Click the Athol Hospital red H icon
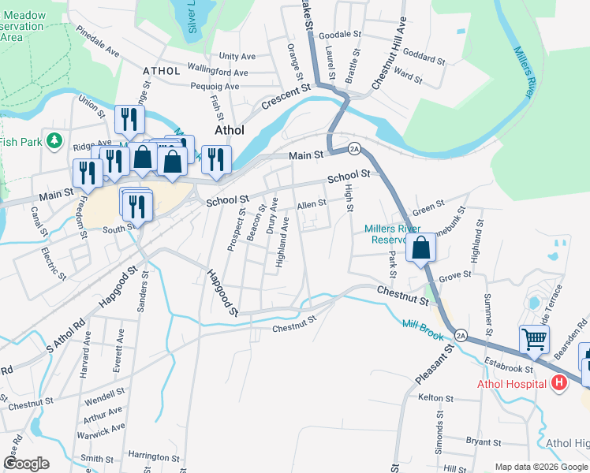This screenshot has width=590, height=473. coord(559,383)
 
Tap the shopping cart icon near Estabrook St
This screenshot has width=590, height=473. coord(535,340)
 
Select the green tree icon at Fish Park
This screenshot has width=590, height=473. coord(54,141)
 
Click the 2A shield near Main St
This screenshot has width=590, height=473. coord(354,149)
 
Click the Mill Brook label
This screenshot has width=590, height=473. coord(420,324)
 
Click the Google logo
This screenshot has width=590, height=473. coord(27,464)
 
